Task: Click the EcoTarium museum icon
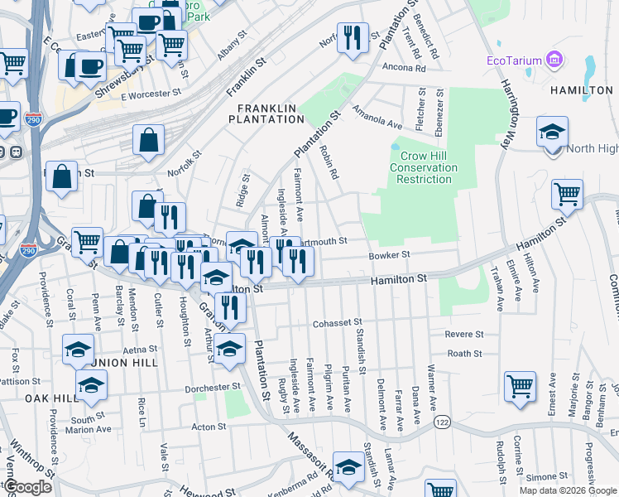coord(554,60)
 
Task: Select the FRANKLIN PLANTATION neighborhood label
coord(271,113)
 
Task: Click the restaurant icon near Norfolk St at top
coord(353,37)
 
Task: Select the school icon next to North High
coord(552,132)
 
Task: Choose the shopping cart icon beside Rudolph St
coord(520,386)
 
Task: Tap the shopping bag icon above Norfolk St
coord(149,140)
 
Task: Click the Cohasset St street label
coord(337,322)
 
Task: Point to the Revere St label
coord(463,334)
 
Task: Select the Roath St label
coord(464,354)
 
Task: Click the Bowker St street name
coord(389,255)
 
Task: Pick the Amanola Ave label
coord(377,117)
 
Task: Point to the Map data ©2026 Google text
coord(568,490)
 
